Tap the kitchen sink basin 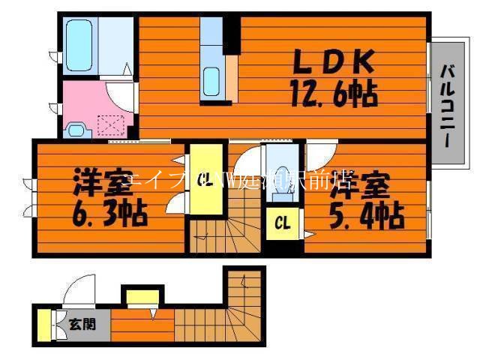pyautogui.click(x=211, y=79)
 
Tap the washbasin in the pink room pyautogui.click(x=76, y=129)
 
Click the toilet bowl pyautogui.click(x=282, y=180)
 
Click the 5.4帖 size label pyautogui.click(x=367, y=217)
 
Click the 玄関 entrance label pyautogui.click(x=82, y=325)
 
